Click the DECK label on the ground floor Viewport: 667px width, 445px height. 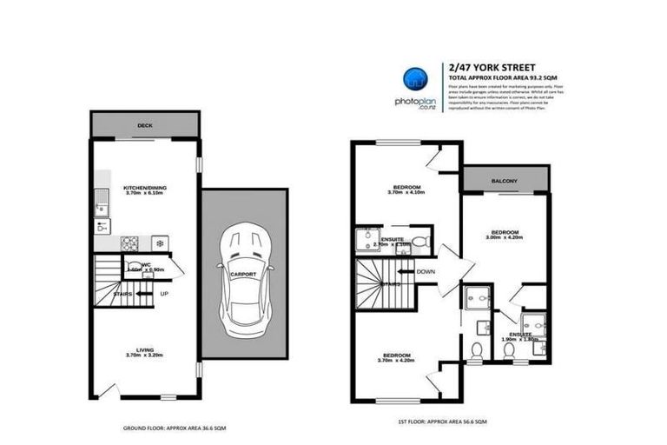point(144,125)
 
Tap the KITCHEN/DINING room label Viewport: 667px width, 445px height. point(144,187)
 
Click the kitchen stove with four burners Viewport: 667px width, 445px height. point(130,242)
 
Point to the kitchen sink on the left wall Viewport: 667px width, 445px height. point(102,208)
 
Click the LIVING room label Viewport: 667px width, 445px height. point(144,349)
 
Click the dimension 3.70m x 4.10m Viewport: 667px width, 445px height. point(406,194)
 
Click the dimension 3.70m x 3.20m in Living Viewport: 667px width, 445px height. point(144,356)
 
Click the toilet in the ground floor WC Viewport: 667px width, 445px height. point(132,268)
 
